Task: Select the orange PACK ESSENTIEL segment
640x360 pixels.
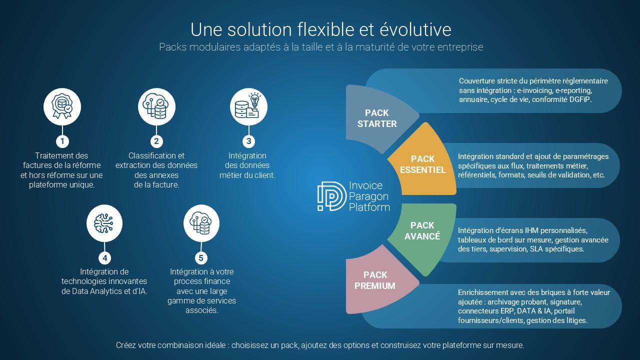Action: tap(422, 164)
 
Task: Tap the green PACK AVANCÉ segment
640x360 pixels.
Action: tap(422, 231)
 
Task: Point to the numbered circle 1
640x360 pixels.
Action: tap(62, 141)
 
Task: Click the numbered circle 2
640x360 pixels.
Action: tap(156, 141)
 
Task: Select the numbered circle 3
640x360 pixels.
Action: tap(248, 141)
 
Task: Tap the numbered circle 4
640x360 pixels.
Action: tap(104, 258)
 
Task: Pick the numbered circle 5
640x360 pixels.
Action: tap(201, 258)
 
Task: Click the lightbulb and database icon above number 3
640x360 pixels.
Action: tap(248, 106)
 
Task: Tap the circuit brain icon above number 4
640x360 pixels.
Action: tap(104, 223)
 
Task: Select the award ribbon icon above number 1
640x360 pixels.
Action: tap(62, 106)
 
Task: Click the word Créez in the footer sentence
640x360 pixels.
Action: tap(125, 345)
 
